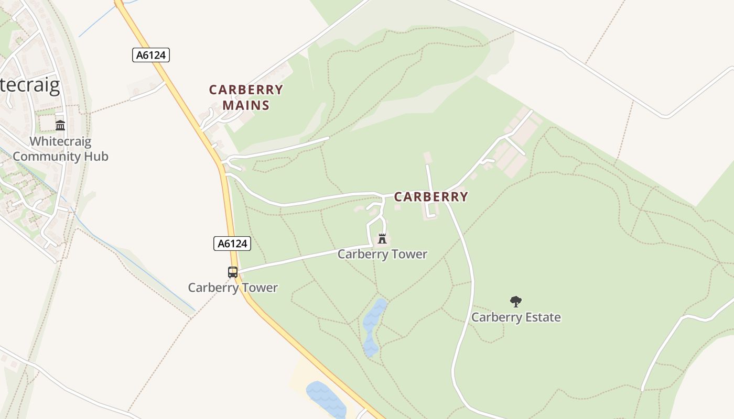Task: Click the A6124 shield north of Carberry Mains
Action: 151,55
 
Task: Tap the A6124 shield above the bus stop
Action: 232,243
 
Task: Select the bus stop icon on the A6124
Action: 233,272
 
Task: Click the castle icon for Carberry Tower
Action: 382,239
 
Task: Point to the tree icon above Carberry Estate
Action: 516,301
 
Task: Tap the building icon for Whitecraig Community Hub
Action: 60,126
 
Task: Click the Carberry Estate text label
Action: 516,317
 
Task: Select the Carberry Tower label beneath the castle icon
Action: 382,254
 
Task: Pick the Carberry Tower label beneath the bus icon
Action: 233,288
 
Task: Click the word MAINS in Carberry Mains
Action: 246,105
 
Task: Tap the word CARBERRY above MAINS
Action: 246,90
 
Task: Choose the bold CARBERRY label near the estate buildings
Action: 431,197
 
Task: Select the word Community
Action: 46,156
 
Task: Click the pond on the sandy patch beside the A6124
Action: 326,400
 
